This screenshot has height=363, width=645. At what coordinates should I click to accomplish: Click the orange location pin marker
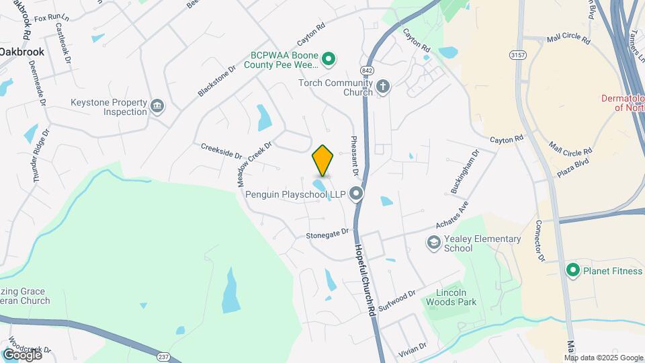(x=322, y=160)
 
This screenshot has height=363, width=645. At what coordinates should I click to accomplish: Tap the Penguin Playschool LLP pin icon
(x=356, y=194)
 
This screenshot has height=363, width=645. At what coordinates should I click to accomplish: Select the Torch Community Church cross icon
(x=382, y=86)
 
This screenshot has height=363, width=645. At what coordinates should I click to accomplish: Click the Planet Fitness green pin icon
(x=573, y=270)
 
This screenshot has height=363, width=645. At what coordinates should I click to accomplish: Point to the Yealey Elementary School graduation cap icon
(x=434, y=241)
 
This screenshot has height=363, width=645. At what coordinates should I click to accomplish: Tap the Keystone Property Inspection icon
(x=157, y=106)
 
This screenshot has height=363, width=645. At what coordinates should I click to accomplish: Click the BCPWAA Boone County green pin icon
(x=329, y=61)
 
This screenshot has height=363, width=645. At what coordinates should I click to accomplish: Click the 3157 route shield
(x=517, y=54)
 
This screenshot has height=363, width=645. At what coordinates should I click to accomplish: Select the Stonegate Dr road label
(x=328, y=234)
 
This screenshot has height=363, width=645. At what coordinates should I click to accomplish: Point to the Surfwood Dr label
(x=397, y=299)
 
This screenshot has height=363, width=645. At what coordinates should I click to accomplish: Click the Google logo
(x=22, y=354)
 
